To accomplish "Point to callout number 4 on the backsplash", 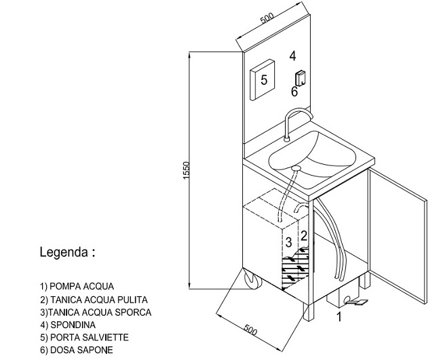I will point(292,56).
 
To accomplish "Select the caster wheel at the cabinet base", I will point(248,282).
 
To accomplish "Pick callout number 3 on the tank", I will point(288,242).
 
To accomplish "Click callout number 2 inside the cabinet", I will point(304,236).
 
